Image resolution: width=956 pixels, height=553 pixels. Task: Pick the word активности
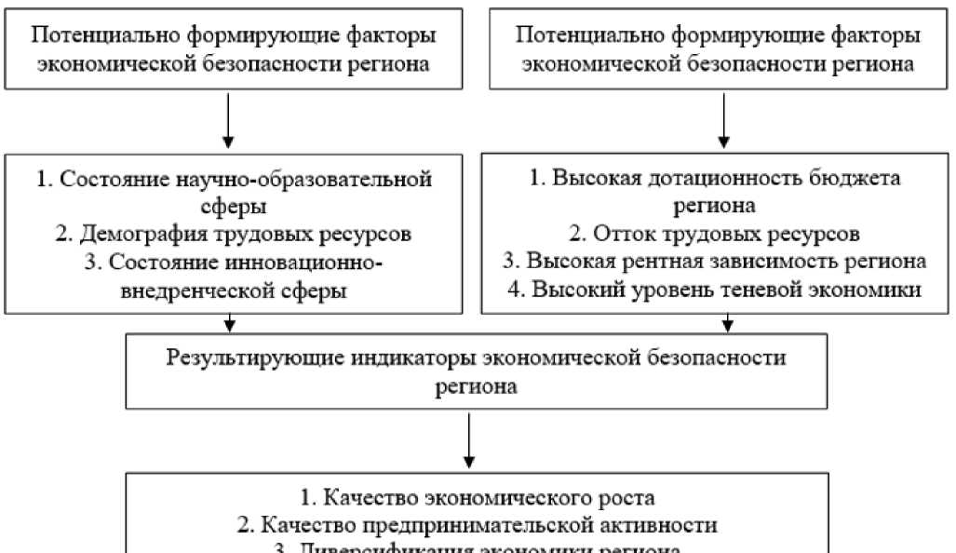tap(659, 524)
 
